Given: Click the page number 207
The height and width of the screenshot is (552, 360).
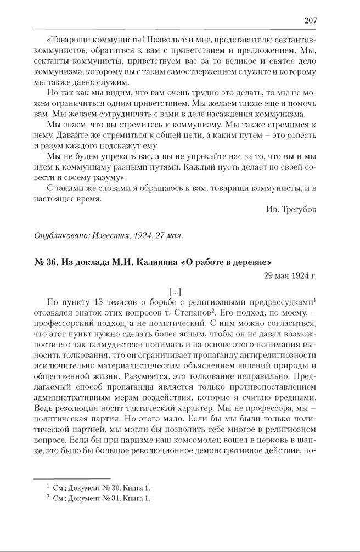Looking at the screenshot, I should (310, 20).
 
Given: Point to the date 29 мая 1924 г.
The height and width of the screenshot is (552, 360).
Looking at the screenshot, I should (289, 274).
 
